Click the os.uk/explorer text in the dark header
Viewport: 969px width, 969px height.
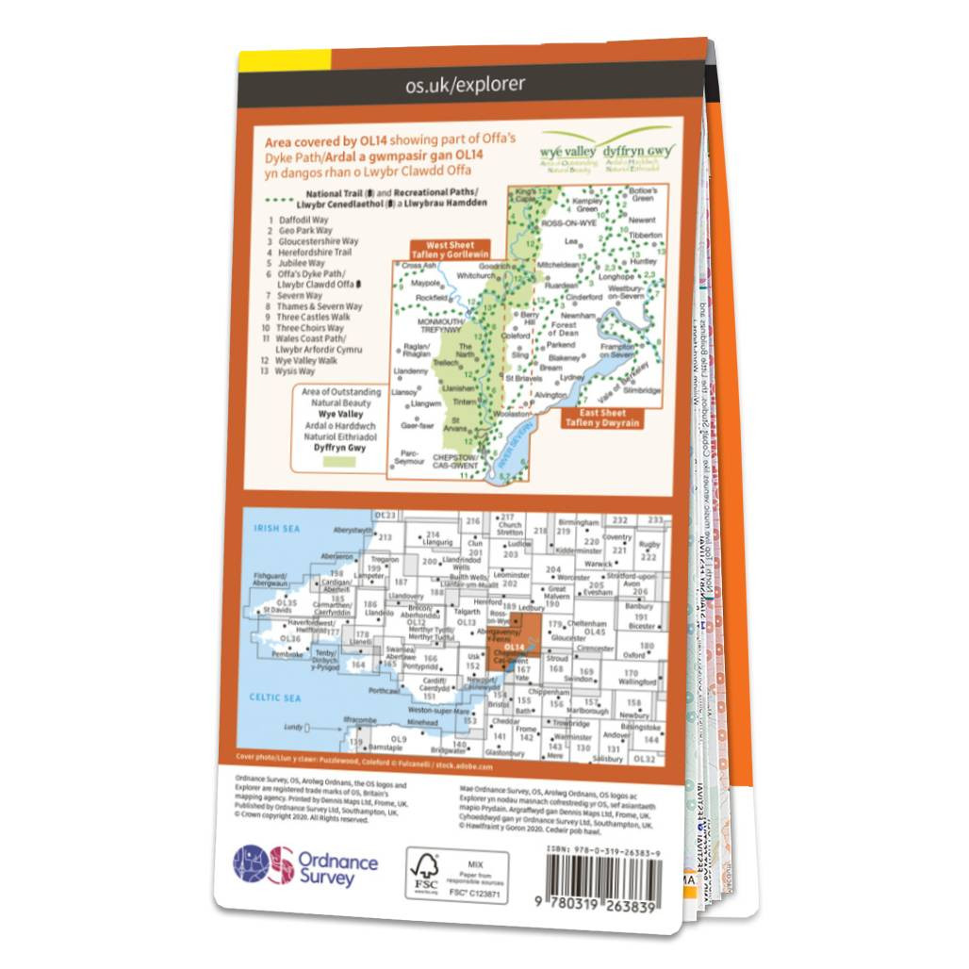465,85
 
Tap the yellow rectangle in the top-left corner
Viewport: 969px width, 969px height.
284,58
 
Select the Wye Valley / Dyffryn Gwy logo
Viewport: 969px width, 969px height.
605,152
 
